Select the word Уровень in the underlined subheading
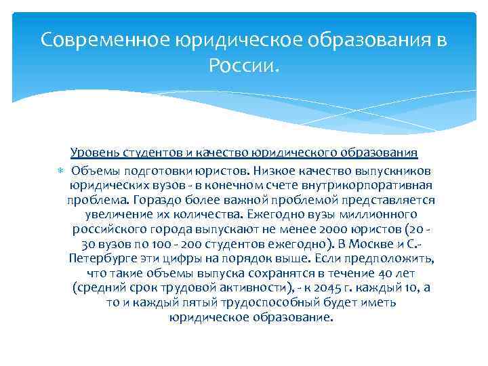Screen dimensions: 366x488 pyautogui.click(x=91, y=152)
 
